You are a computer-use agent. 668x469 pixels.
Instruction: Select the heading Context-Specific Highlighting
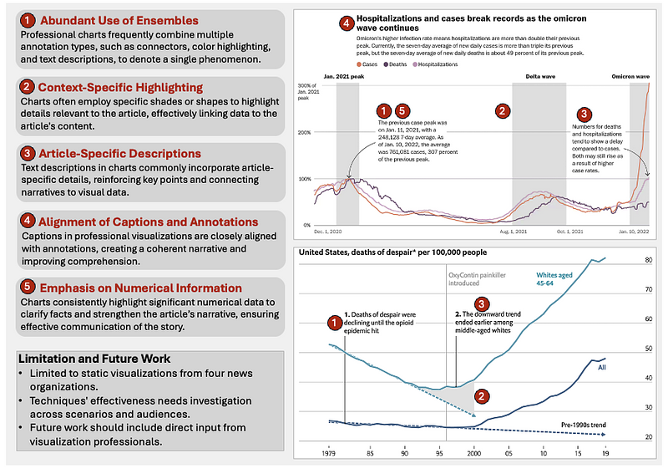[x=120, y=87]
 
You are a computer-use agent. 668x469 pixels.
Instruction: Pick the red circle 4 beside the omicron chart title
[x=346, y=23]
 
